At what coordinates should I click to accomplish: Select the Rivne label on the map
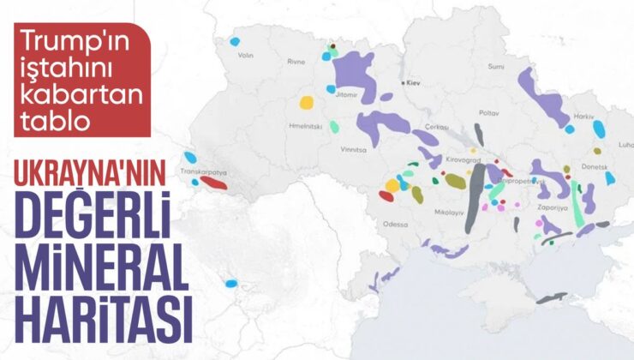pos(296,62)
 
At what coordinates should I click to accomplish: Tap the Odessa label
pos(397,225)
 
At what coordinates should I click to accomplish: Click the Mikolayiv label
pos(449,211)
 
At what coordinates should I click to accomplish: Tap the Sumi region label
pos(494,66)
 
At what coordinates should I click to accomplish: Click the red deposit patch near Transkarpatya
pos(214,182)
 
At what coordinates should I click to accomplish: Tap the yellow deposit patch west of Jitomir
pos(306,103)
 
